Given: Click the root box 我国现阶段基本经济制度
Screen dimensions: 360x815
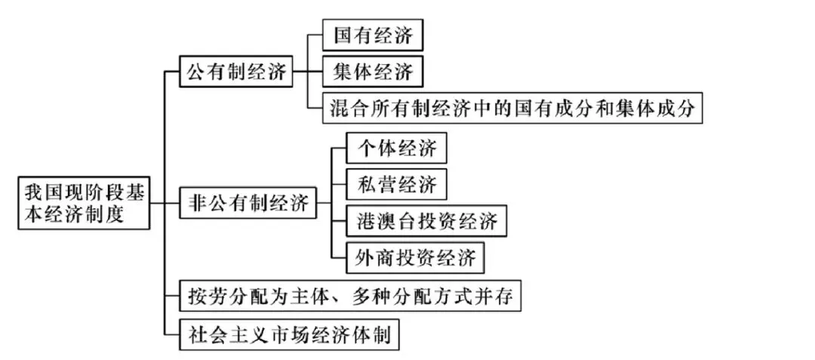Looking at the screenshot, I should point(83,202).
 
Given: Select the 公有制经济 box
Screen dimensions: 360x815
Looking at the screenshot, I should point(235,73).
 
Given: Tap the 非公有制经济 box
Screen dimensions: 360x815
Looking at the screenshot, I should point(247,202).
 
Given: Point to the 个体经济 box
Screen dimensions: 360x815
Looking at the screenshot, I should point(396,148).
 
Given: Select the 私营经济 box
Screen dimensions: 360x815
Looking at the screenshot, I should point(396,184).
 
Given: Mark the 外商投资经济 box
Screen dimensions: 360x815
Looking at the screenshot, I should point(415,258).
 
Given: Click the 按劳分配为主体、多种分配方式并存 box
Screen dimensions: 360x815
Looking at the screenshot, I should point(351,297).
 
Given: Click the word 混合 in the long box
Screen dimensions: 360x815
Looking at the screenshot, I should point(347,109).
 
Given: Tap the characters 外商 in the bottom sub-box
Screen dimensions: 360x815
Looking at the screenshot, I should point(371,258).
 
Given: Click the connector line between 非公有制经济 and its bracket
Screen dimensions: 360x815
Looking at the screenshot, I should point(323,202).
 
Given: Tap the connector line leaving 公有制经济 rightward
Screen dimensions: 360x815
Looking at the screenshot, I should point(300,73).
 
